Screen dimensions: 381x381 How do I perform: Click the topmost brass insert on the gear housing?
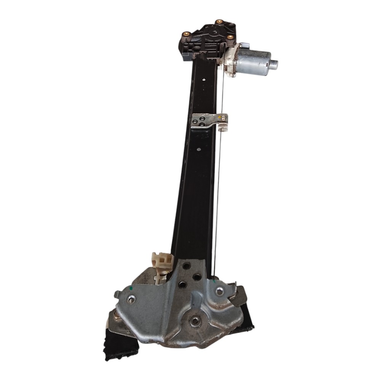tap(219, 22)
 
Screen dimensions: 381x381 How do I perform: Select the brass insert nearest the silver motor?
tap(230, 37)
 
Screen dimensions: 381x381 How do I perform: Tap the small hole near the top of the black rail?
tap(204, 80)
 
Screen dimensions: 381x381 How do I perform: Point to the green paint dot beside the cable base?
tap(215, 282)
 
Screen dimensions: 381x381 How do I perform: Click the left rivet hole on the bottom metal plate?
tap(131, 299)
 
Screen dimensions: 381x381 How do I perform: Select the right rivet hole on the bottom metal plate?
tap(219, 291)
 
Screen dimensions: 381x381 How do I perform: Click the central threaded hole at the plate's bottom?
tap(195, 321)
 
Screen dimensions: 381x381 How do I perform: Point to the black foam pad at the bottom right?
tap(247, 318)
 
